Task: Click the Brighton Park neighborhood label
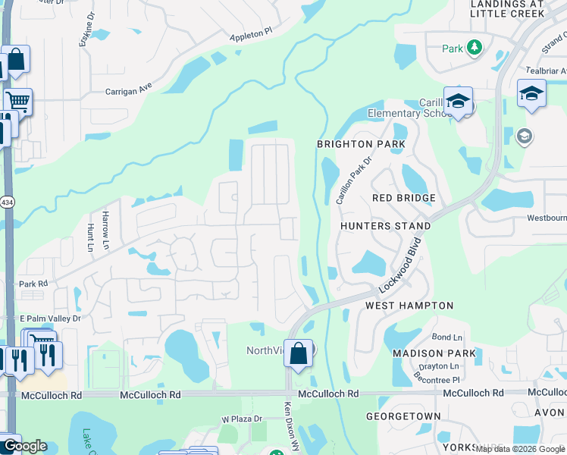pyautogui.click(x=356, y=144)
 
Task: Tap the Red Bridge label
pyautogui.click(x=404, y=198)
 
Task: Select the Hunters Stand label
pyautogui.click(x=385, y=226)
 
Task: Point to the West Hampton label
pyautogui.click(x=409, y=306)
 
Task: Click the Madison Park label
pyautogui.click(x=434, y=353)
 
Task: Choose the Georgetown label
pyautogui.click(x=403, y=416)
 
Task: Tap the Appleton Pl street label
pyautogui.click(x=250, y=36)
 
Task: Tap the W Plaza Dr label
pyautogui.click(x=241, y=419)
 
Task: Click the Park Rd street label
pyautogui.click(x=33, y=284)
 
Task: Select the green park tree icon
pyautogui.click(x=475, y=48)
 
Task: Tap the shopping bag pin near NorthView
pyautogui.click(x=299, y=353)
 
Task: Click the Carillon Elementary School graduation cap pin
pyautogui.click(x=458, y=101)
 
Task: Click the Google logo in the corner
pyautogui.click(x=24, y=446)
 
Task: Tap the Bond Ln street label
pyautogui.click(x=446, y=337)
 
